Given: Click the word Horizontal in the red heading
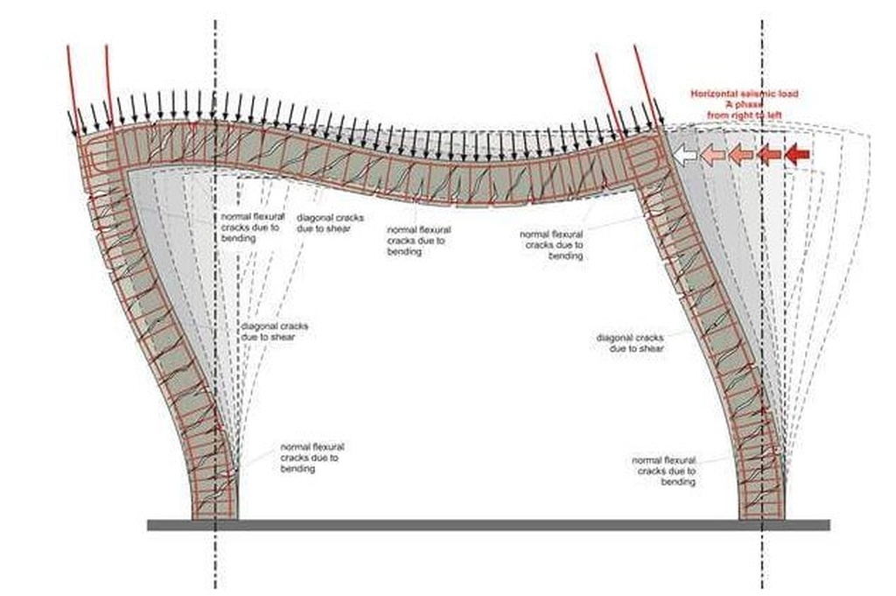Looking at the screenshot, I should pyautogui.click(x=712, y=94).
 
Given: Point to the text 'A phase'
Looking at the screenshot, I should pyautogui.click(x=744, y=103).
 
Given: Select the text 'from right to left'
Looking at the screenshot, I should pyautogui.click(x=744, y=114).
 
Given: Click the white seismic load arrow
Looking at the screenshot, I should pyautogui.click(x=684, y=155).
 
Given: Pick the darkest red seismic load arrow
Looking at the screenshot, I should pyautogui.click(x=797, y=155).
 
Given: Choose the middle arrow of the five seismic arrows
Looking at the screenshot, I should pyautogui.click(x=740, y=155).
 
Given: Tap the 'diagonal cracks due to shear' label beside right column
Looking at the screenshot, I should pyautogui.click(x=630, y=343).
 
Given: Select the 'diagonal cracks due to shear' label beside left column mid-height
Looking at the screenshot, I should pyautogui.click(x=274, y=332).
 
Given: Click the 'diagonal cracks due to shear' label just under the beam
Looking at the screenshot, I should pyautogui.click(x=330, y=223).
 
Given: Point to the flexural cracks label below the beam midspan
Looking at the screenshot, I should pyautogui.click(x=418, y=241).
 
